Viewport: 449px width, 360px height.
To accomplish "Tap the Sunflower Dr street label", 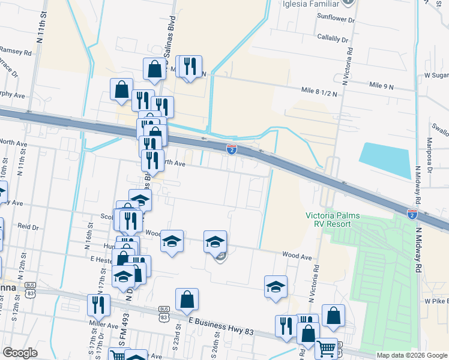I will coord(337,20).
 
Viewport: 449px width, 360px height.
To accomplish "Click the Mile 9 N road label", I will coord(382,86).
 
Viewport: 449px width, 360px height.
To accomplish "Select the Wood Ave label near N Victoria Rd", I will coord(298,257).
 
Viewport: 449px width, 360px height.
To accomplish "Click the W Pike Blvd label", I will coord(436,300).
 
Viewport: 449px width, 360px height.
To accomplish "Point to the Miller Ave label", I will coord(104,326).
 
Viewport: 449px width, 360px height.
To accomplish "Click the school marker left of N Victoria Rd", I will coord(276,286).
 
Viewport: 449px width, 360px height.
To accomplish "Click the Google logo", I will coord(20,353).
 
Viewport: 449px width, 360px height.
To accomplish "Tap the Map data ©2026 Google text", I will coord(412,355).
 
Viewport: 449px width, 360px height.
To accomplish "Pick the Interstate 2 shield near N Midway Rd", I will coord(412,213).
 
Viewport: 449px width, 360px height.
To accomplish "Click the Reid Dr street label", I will coord(28,227).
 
